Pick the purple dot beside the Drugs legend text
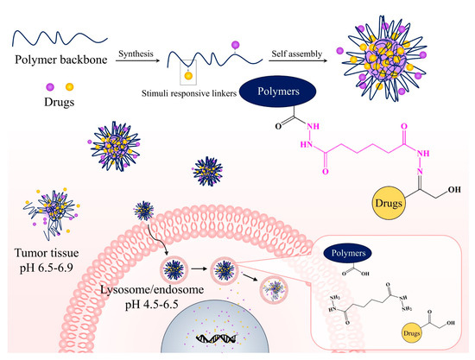coord(16,86)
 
